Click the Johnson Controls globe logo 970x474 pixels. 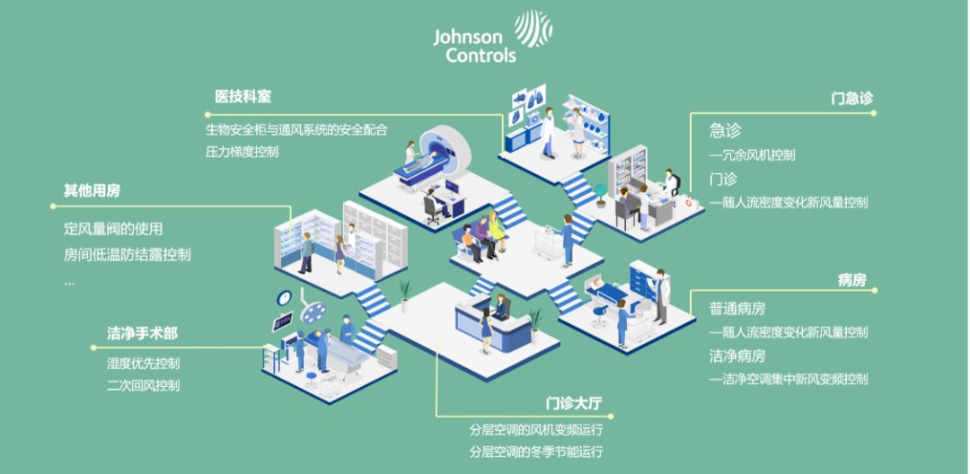(x=533, y=29)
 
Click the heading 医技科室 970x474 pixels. (x=242, y=97)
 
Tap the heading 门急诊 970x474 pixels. (x=851, y=99)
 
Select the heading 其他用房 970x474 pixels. (x=93, y=191)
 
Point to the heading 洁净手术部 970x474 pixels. (x=142, y=334)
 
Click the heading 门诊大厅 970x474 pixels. (x=574, y=404)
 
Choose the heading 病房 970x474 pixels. (x=851, y=280)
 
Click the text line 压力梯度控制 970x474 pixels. (x=242, y=152)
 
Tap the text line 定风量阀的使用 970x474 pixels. (x=113, y=229)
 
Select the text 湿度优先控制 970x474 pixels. (x=144, y=364)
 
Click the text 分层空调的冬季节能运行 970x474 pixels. (x=536, y=452)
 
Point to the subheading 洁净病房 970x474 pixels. (x=737, y=356)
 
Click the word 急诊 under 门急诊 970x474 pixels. (x=725, y=130)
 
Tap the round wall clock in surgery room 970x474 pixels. (x=284, y=298)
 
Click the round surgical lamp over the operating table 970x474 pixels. (x=313, y=312)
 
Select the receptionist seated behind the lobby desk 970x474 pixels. (x=501, y=307)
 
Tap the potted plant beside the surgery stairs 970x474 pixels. (x=404, y=296)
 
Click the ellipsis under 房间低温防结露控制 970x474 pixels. (x=69, y=284)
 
